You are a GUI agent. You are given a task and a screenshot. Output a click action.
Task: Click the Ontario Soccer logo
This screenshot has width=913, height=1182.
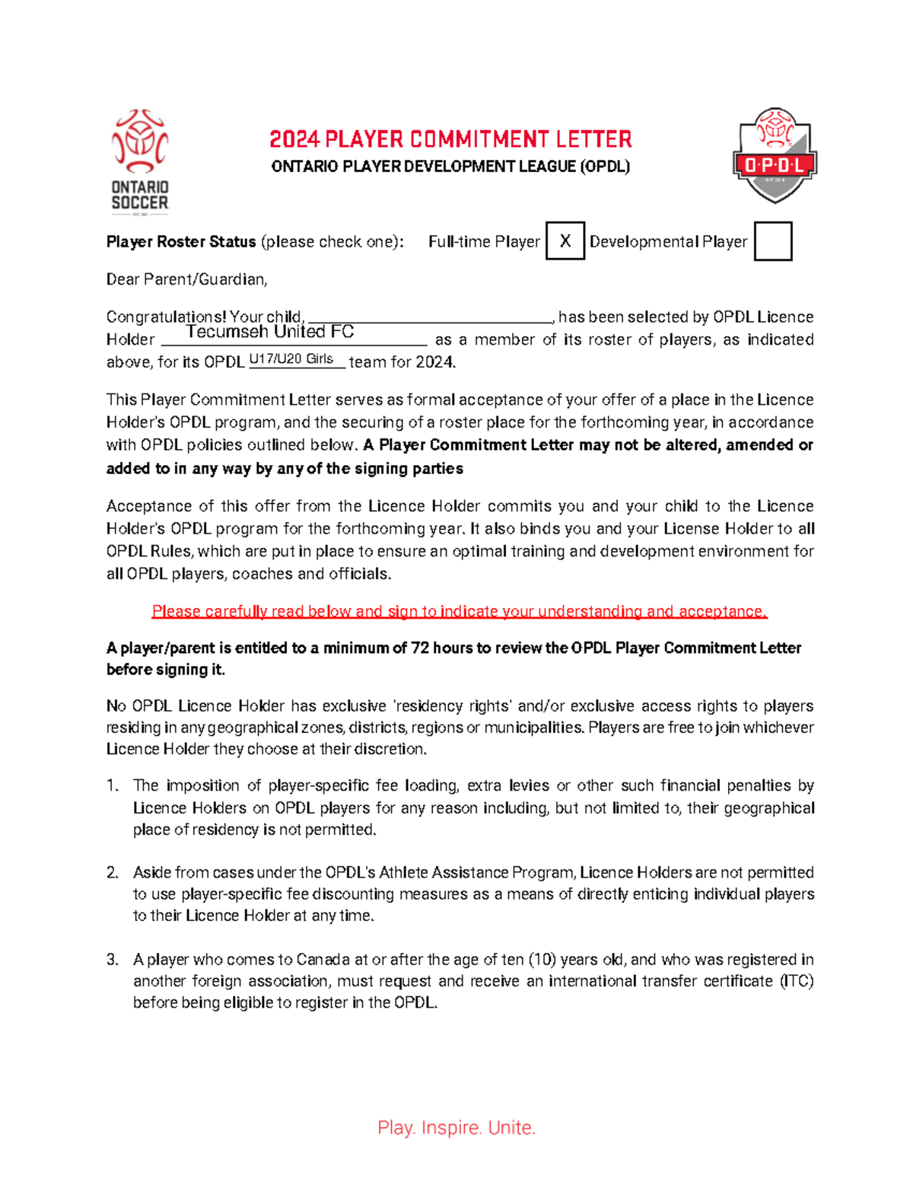pos(140,161)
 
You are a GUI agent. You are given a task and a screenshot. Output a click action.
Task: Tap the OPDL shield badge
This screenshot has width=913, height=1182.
pos(775,155)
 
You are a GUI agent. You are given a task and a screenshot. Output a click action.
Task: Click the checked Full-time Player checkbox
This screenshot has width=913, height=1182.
pos(565,241)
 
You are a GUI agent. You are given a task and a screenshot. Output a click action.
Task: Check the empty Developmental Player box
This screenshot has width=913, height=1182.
pos(772,241)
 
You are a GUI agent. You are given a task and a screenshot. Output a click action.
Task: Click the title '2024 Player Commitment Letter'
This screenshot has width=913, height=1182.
pos(450,139)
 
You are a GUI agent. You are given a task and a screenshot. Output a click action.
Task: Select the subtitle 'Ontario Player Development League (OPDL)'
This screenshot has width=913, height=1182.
pos(450,167)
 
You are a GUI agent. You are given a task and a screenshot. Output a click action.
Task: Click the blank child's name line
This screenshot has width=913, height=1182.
pos(431,317)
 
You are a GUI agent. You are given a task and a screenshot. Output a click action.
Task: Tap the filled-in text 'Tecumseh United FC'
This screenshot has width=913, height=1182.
pos(270,332)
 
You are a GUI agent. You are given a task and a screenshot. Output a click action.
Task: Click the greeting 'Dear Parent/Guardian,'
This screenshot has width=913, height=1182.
pos(187,279)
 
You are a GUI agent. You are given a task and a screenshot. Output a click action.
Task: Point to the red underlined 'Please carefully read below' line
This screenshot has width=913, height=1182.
pos(460,611)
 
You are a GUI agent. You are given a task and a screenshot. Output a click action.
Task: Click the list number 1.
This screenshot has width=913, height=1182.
pos(113,785)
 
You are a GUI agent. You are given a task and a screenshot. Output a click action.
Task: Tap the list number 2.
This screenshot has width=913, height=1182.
pos(113,873)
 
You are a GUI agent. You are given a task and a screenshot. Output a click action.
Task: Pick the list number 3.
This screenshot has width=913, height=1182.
pos(113,960)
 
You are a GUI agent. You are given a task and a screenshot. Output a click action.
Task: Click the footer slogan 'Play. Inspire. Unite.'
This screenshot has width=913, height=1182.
pos(456,1127)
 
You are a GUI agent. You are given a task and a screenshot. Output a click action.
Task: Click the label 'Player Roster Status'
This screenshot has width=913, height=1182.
pos(181,242)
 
